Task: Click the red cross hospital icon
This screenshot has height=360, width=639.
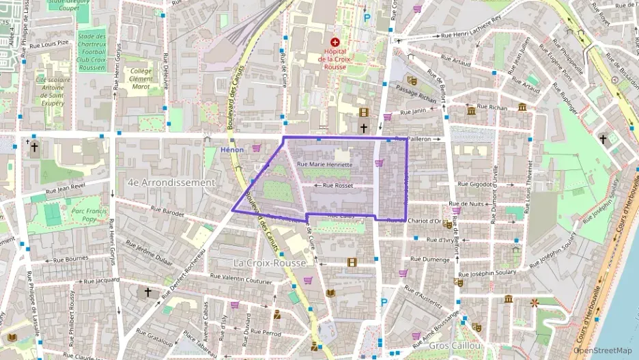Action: [x=335, y=42]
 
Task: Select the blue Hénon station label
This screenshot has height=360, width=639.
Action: [x=232, y=150]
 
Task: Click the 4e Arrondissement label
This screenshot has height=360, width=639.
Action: [x=171, y=182]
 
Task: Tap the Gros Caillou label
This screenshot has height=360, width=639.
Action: [x=451, y=346]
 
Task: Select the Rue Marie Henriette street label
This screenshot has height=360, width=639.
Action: [x=325, y=165]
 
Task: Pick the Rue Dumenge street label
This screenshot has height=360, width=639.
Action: [x=430, y=260]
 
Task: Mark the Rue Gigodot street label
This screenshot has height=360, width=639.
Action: [x=474, y=184]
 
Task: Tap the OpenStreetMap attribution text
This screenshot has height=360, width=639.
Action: [x=603, y=350]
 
